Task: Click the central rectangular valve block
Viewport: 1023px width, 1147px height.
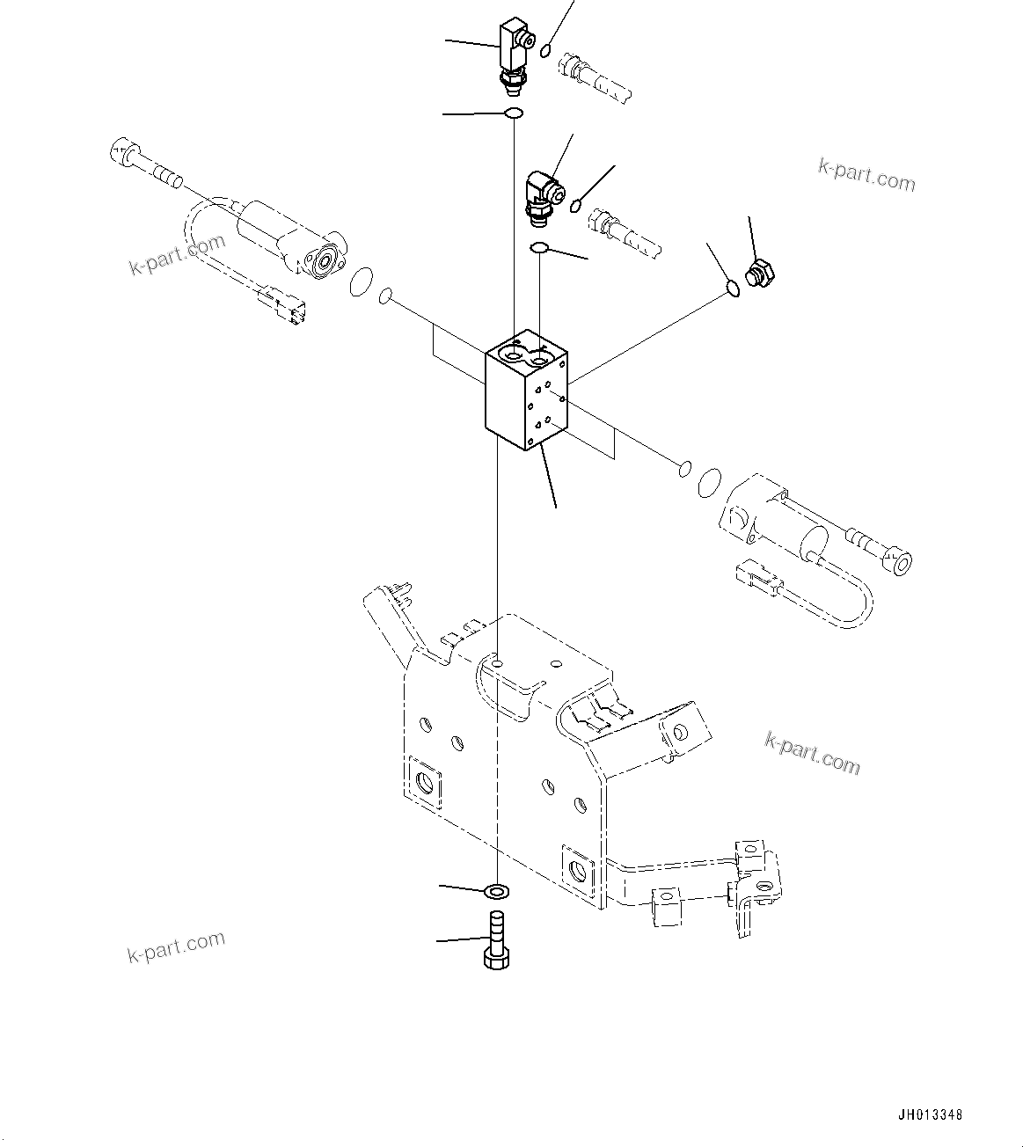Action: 526,391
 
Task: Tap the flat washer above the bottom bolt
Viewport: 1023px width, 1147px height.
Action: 497,892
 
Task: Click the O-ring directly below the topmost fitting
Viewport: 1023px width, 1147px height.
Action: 514,113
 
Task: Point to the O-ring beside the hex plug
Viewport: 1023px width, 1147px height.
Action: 732,287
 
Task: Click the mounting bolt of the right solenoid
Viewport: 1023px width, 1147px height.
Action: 880,546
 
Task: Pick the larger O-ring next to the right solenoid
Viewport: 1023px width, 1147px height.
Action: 709,481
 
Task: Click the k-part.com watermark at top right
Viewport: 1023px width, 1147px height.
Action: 866,174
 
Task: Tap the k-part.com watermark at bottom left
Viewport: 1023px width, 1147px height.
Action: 176,947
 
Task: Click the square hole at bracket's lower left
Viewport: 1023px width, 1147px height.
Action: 425,781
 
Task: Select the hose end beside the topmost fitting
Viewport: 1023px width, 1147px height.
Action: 598,77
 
